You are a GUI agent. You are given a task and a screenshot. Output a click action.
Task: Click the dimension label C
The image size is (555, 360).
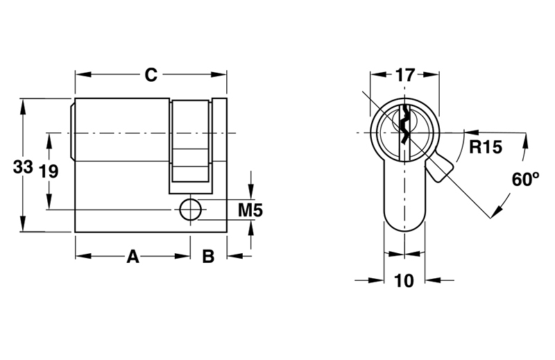pyautogui.click(x=151, y=74)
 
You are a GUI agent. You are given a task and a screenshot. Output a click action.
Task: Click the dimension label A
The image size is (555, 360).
pyautogui.click(x=133, y=257)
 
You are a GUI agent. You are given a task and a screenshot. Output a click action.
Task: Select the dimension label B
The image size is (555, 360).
pyautogui.click(x=208, y=257)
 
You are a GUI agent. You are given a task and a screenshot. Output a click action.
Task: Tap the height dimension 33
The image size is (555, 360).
pyautogui.click(x=23, y=167)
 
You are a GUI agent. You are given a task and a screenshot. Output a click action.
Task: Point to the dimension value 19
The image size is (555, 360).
pyautogui.click(x=48, y=171)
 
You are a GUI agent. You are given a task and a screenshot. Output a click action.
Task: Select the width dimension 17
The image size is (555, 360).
pyautogui.click(x=404, y=74)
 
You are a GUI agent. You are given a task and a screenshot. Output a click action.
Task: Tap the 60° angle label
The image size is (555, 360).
pyautogui.click(x=526, y=178)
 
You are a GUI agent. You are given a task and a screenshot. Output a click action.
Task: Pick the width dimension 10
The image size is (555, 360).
pyautogui.click(x=404, y=280)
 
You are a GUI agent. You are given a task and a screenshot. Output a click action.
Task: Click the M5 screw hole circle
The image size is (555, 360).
pyautogui.click(x=189, y=209)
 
